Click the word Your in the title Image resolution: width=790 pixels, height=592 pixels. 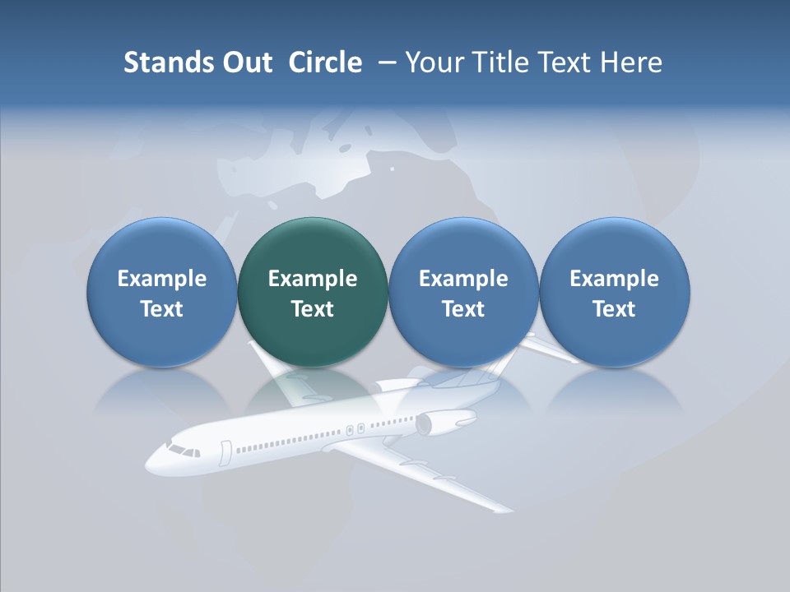click(x=434, y=62)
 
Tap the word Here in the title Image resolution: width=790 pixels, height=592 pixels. click(x=631, y=62)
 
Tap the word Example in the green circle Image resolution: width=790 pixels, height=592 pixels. click(x=313, y=279)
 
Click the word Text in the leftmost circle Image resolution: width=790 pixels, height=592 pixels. click(x=162, y=309)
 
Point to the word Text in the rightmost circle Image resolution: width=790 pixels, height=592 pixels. click(x=615, y=309)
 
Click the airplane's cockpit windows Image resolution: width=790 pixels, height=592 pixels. click(x=183, y=451)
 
